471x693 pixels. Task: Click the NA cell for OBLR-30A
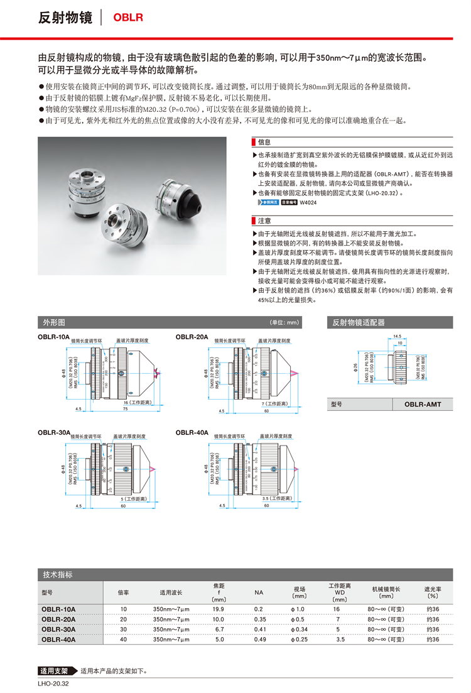coord(259,629)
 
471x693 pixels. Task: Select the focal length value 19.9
coord(219,609)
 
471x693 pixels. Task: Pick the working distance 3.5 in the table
coord(340,639)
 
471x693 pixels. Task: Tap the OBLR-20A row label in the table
coord(58,619)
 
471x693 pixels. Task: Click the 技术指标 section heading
coord(58,574)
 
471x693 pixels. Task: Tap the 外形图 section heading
coord(53,322)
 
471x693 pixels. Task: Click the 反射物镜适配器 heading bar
coord(359,322)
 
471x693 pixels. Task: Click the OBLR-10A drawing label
coord(54,337)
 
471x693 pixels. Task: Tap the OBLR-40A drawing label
coord(192,432)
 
